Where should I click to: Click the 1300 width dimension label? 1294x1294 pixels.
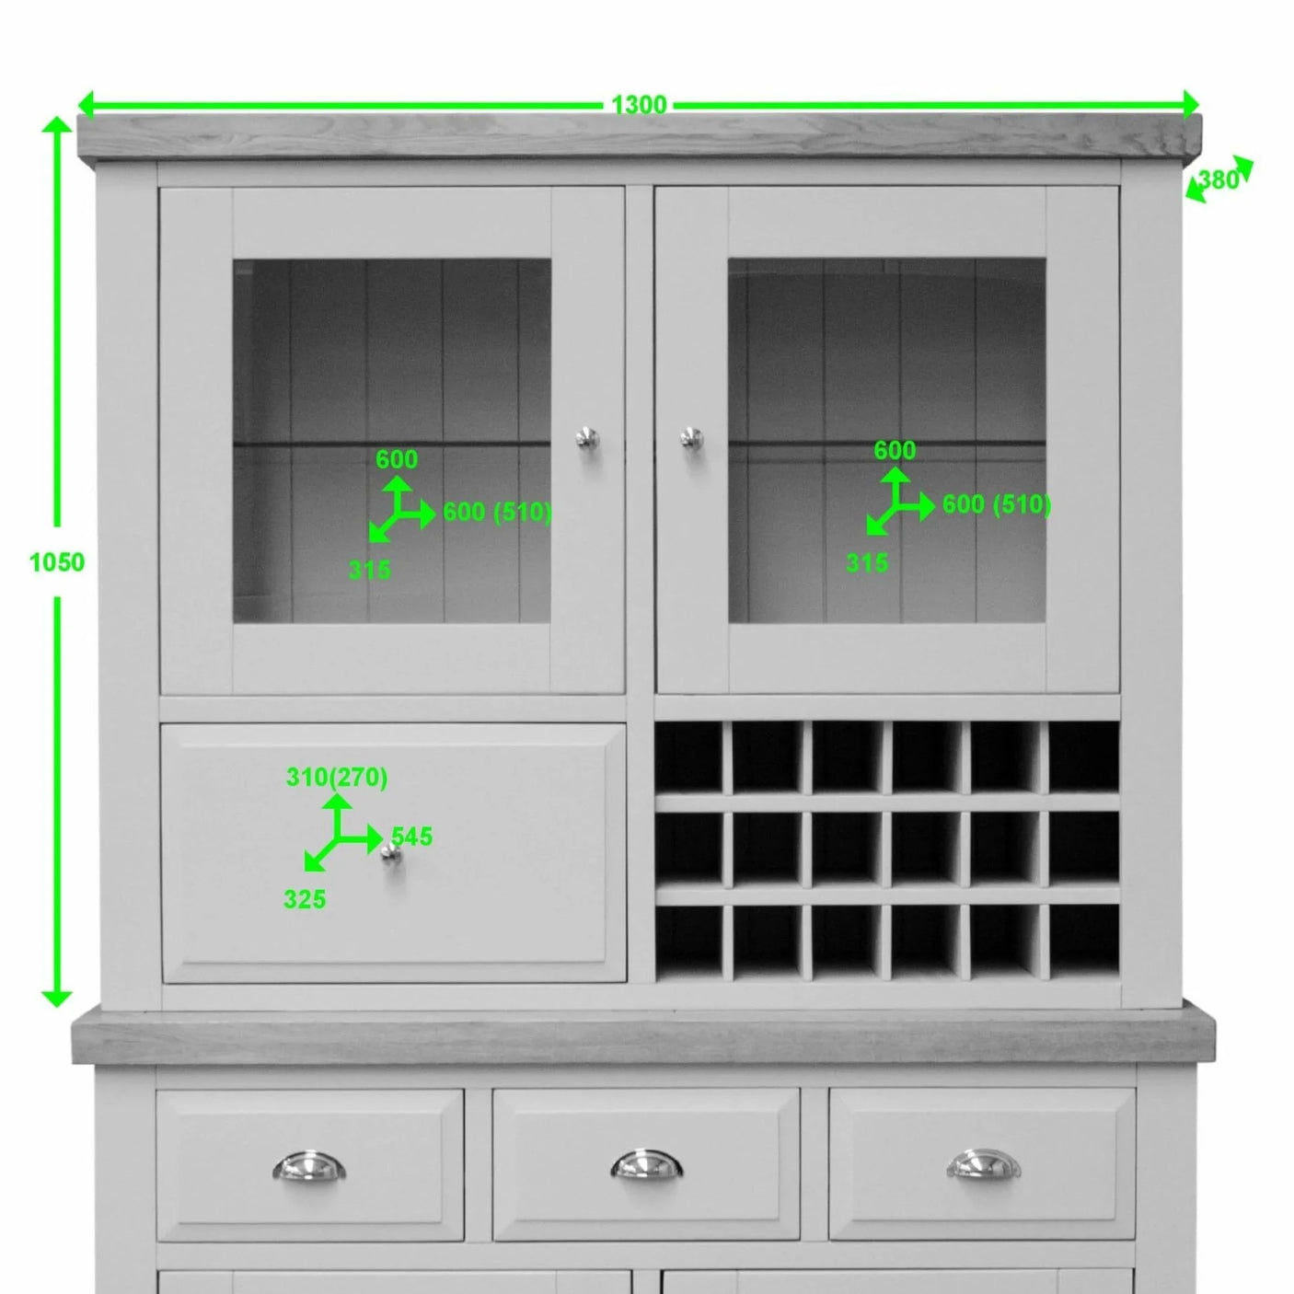coord(639,105)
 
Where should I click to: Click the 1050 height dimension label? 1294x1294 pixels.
coord(56,562)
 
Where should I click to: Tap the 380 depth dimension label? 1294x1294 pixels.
coord(1220,179)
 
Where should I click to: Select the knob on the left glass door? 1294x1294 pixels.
coord(586,438)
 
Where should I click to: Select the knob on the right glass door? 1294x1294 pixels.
coord(691,438)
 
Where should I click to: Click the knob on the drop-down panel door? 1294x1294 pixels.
coord(392,855)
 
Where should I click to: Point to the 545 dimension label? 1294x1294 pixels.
coord(411,837)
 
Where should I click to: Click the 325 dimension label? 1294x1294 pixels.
coord(305,899)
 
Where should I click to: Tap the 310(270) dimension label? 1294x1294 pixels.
coord(337,778)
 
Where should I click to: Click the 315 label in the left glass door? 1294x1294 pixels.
coord(369,571)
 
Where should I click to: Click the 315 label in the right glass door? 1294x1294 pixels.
coord(867,562)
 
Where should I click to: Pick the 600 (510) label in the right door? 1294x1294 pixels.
coord(996,504)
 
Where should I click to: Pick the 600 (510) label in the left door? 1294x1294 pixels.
coord(497,513)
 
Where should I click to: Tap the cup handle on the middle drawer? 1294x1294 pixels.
coord(646,1165)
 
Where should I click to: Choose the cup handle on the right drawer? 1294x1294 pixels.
coord(982,1165)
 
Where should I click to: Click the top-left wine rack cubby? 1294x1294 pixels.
coord(688,757)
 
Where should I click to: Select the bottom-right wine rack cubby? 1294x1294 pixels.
coord(1083,940)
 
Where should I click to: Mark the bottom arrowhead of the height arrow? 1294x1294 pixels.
coord(57,997)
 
